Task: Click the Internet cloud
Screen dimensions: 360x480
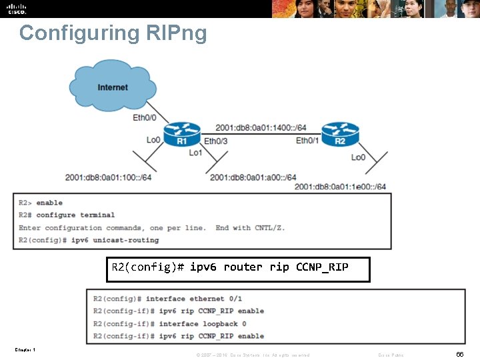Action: (112, 87)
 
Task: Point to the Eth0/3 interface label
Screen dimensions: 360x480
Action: (215, 141)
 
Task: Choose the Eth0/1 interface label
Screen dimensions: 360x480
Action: (307, 141)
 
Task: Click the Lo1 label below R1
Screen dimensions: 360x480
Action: (195, 153)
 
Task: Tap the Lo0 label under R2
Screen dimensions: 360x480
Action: (358, 157)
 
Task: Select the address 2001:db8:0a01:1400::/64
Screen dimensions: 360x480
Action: (261, 127)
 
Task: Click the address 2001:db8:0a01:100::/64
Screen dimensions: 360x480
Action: (108, 177)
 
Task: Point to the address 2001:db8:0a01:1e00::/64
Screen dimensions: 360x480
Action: (340, 187)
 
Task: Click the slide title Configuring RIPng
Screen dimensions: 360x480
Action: (113, 33)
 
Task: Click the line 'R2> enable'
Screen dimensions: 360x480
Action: (41, 203)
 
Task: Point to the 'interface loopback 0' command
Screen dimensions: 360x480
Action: (203, 323)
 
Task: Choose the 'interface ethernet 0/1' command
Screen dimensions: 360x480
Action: (194, 299)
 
